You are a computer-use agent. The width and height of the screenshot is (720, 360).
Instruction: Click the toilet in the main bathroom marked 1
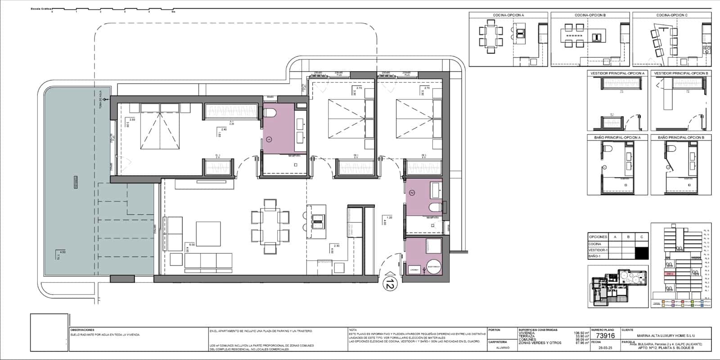pyautogui.click(x=270, y=113)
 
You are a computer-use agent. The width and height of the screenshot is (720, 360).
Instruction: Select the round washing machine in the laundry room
pyautogui.click(x=435, y=266)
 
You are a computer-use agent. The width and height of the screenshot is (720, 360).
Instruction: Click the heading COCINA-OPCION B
pyautogui.click(x=590, y=15)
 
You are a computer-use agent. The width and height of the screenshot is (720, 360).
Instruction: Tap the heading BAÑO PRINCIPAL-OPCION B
pyautogui.click(x=681, y=137)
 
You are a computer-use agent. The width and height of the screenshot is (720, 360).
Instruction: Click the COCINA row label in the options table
pyautogui.click(x=595, y=244)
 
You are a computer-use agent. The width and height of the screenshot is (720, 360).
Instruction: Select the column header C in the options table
pyautogui.click(x=641, y=237)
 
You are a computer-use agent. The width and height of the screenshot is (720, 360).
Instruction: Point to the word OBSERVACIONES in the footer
pyautogui.click(x=82, y=330)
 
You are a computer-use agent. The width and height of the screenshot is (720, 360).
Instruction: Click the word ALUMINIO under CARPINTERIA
pyautogui.click(x=503, y=347)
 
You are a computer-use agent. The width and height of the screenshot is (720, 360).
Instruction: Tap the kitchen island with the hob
pyautogui.click(x=318, y=223)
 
